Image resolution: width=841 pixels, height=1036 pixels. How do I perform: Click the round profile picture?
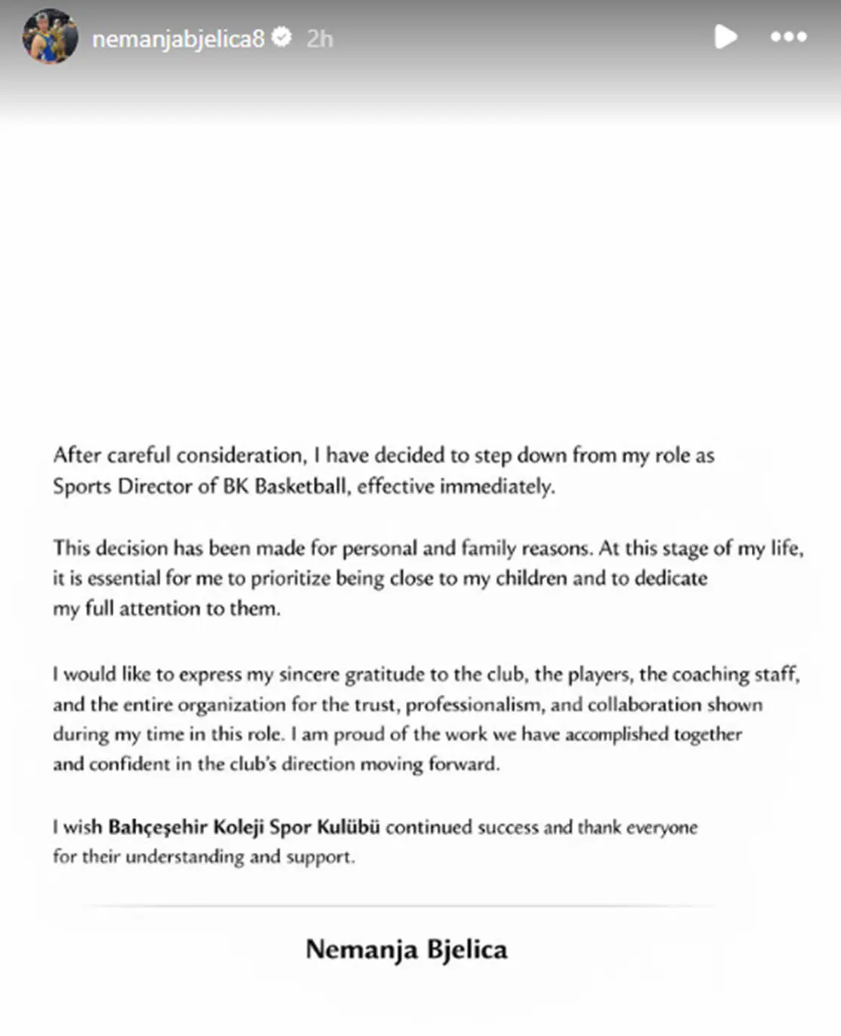(x=51, y=36)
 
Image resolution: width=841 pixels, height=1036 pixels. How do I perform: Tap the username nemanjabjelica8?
(x=178, y=38)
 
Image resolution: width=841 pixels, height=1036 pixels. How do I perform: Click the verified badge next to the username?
(x=282, y=36)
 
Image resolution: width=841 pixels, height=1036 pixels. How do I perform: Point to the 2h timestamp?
(x=320, y=39)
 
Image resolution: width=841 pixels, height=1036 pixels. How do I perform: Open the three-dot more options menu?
(x=788, y=36)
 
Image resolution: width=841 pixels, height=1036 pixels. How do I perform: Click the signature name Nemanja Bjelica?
(x=407, y=949)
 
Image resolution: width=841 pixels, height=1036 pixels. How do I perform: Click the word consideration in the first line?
(x=241, y=455)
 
